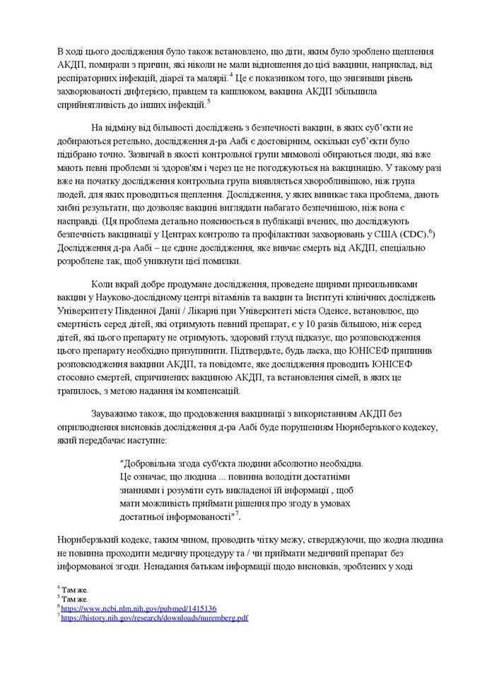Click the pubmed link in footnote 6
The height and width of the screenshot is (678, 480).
click(x=139, y=607)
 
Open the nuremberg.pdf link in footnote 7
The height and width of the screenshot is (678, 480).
click(x=154, y=617)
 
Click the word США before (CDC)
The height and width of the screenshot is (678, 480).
click(x=383, y=233)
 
